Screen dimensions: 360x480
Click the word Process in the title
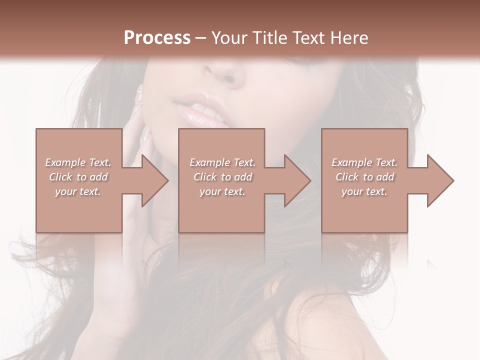[x=157, y=38]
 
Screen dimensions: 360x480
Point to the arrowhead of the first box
[x=152, y=180]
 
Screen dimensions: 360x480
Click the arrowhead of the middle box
[x=294, y=180]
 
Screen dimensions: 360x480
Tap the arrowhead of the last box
[x=437, y=180]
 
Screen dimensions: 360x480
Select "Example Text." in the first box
[x=78, y=162]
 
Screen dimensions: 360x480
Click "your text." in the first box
[x=78, y=191]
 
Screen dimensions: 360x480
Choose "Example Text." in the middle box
[x=222, y=162]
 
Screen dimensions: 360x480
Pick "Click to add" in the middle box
[x=222, y=177]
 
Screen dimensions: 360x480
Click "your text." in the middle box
[x=222, y=191]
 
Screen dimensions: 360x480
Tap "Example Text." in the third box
[x=364, y=162]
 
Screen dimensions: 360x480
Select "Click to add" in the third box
[x=364, y=177]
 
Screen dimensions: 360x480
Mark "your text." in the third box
[x=364, y=191]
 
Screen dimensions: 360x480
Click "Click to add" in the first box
[x=78, y=177]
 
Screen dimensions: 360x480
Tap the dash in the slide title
[x=201, y=38]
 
